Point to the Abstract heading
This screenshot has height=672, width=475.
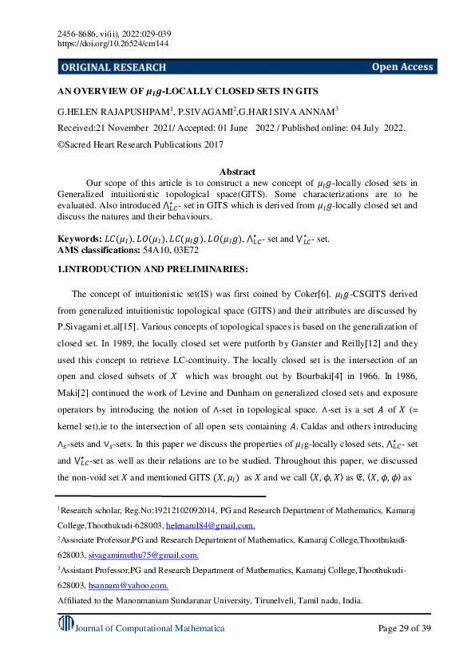click(237, 172)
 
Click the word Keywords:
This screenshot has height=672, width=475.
click(80, 239)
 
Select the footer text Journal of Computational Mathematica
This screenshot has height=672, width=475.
click(150, 628)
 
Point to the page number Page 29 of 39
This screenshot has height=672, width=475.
click(403, 628)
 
